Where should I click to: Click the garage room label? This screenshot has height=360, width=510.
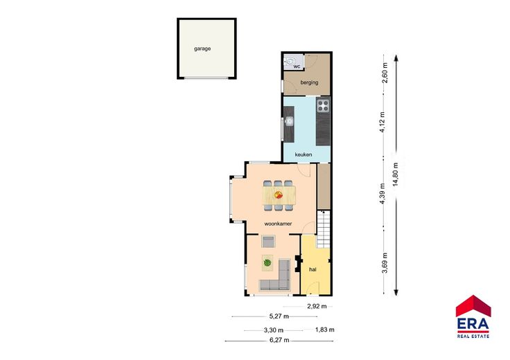(x=202, y=48)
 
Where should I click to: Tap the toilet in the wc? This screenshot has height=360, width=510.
(x=290, y=61)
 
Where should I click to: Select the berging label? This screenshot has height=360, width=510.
(x=309, y=82)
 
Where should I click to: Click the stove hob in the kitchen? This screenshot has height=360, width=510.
(x=323, y=105)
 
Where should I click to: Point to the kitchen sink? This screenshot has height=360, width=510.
(x=288, y=122)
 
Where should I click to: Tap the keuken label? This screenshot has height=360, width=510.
(x=303, y=154)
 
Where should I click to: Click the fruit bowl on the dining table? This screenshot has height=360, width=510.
(x=279, y=195)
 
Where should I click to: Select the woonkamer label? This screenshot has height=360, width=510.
(x=278, y=224)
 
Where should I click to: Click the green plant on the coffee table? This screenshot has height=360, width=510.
(x=267, y=262)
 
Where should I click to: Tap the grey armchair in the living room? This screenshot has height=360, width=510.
(x=268, y=241)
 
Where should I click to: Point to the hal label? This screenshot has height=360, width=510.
(x=313, y=269)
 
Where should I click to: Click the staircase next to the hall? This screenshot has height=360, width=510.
(x=324, y=229)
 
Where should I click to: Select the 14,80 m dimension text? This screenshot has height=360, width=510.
(x=396, y=174)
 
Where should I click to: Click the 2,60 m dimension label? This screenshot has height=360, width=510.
(x=385, y=73)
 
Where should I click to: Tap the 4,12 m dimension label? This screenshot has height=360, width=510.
(x=382, y=122)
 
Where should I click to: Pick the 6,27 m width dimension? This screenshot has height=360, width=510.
(x=279, y=340)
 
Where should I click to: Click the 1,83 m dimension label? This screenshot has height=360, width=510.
(x=324, y=330)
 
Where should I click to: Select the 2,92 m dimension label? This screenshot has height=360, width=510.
(x=317, y=306)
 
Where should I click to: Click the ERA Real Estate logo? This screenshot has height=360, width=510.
(x=473, y=317)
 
